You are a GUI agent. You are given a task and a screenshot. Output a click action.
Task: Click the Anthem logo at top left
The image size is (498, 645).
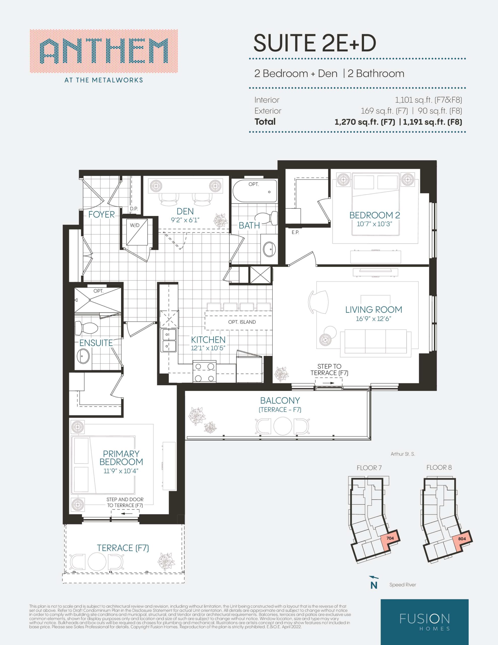(104, 56)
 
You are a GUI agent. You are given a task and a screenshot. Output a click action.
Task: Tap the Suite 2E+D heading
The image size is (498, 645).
(315, 43)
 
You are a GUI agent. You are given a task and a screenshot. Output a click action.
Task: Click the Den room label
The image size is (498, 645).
(185, 211)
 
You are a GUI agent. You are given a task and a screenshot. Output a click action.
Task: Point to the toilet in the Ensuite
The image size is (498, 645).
(86, 328)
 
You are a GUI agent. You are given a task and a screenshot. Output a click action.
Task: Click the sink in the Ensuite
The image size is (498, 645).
(83, 357)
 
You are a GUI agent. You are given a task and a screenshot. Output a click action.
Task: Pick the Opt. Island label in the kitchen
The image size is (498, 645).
(242, 322)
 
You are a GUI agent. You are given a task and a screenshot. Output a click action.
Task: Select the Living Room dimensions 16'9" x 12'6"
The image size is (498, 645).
(373, 319)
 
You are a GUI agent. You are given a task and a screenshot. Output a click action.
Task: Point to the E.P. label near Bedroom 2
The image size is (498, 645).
(295, 232)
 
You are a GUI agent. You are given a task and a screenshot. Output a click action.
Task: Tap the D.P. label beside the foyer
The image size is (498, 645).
(134, 209)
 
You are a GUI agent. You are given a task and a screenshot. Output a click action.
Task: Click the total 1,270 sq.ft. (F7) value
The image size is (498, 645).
(365, 122)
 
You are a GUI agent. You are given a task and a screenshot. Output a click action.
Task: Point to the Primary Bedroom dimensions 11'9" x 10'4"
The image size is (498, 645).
(121, 471)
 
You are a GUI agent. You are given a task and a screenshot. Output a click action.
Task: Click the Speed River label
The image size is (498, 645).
(403, 585)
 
